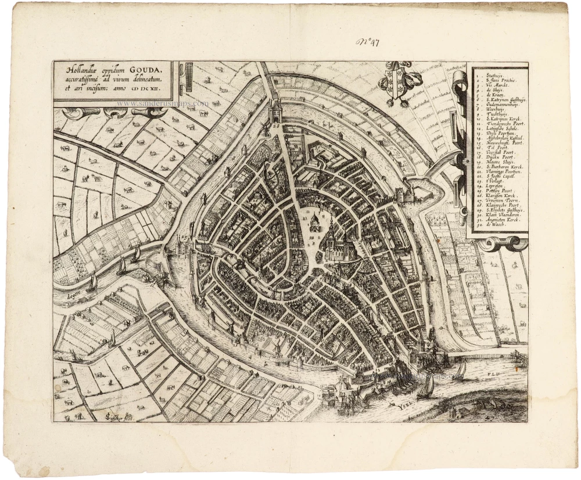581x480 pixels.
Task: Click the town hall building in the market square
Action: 314,222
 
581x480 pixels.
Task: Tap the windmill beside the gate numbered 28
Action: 266,128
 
